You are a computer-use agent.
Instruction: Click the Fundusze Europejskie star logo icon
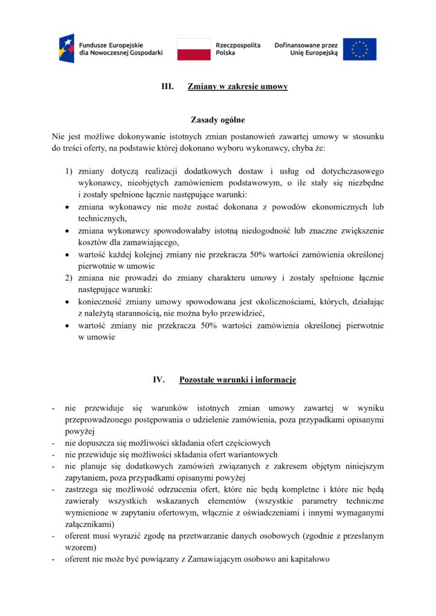[x=66, y=48]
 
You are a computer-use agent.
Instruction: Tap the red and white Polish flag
[x=194, y=49]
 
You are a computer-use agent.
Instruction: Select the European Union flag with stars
[x=360, y=49]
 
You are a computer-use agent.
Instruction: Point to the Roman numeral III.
[x=167, y=87]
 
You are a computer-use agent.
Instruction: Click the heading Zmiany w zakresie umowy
[x=237, y=87]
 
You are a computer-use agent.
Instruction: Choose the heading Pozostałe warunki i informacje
[x=237, y=380]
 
